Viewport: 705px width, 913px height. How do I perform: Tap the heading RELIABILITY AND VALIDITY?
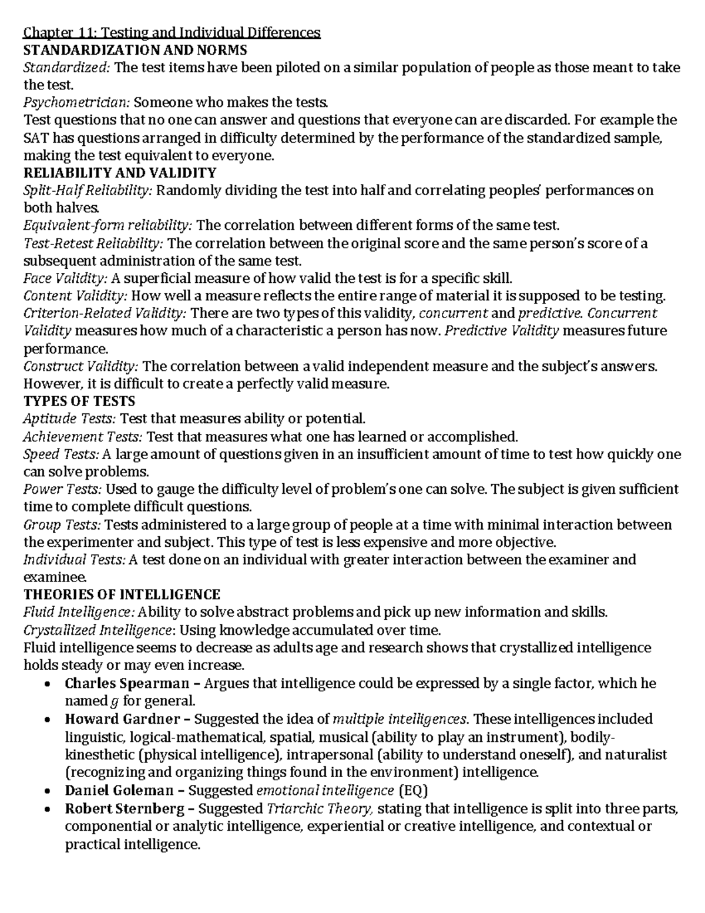click(x=120, y=173)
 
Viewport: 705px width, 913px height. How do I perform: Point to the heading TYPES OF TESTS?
click(x=79, y=402)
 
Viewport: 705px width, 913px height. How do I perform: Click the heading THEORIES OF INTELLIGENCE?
click(x=122, y=594)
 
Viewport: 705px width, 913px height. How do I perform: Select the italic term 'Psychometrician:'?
click(x=76, y=102)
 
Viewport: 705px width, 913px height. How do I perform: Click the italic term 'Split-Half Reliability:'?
click(x=88, y=190)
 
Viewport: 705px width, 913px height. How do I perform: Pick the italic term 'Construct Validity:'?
click(x=81, y=366)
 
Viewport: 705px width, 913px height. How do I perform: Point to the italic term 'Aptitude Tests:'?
click(x=70, y=419)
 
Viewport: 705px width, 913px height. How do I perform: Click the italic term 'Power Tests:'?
click(x=62, y=489)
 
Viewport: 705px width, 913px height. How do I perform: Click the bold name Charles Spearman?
click(x=127, y=683)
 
